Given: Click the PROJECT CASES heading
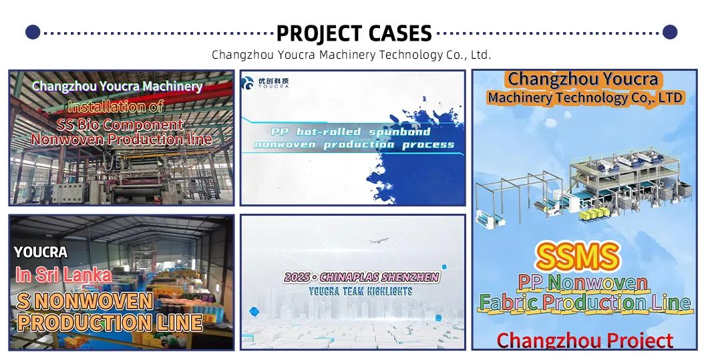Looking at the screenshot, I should [x=353, y=33].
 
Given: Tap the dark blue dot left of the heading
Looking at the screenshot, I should [x=32, y=32].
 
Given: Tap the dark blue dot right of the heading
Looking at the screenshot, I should [x=670, y=32].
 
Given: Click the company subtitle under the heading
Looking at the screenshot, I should [x=351, y=55].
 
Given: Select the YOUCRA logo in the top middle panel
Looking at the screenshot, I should [x=265, y=83].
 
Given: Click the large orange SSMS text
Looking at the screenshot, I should [x=578, y=256].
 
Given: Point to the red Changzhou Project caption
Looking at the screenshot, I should [x=584, y=341].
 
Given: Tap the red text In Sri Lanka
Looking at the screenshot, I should [x=63, y=275].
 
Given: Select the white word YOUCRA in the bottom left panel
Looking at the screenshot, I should [x=41, y=252].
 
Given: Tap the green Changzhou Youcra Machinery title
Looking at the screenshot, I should [x=117, y=86].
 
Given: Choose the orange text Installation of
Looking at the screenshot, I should [x=116, y=106].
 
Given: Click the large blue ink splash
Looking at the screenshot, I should [x=414, y=154].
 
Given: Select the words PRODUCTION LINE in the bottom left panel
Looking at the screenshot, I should [x=110, y=323].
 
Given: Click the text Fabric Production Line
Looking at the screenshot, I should [x=584, y=303].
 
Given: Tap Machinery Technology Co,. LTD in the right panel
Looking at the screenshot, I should [x=584, y=98].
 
